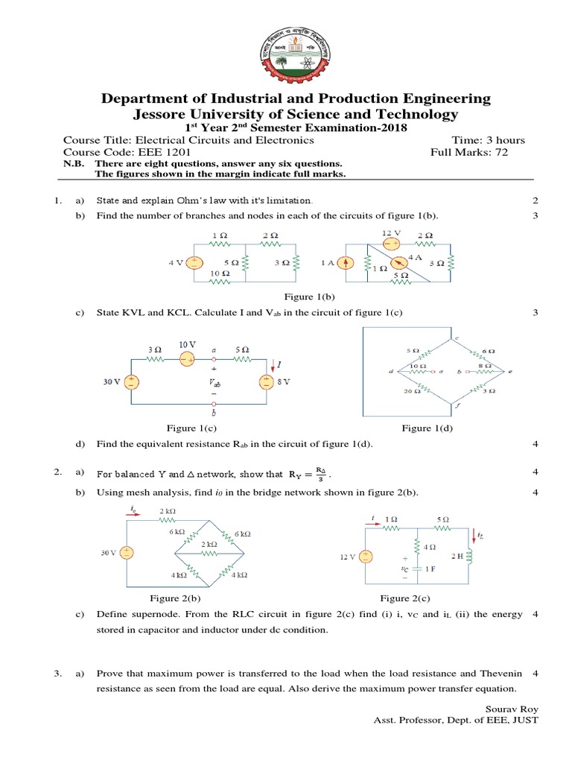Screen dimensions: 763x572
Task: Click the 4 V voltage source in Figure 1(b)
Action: click(194, 262)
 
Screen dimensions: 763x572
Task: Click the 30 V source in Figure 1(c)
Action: click(131, 381)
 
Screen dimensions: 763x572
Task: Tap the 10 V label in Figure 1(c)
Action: click(187, 344)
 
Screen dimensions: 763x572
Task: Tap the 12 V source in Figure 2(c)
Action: click(365, 556)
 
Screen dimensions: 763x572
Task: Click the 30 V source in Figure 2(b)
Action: click(127, 553)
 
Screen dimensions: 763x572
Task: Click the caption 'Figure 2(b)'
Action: click(174, 598)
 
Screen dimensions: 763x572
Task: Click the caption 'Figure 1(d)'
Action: click(427, 428)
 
